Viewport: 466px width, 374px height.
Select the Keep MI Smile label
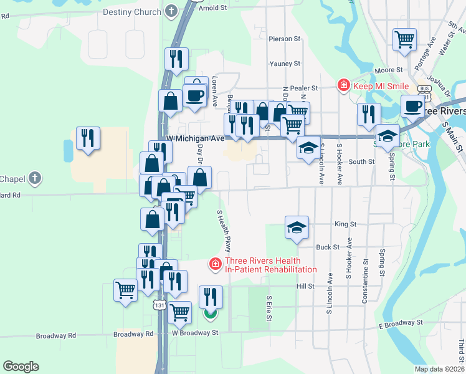point(381,86)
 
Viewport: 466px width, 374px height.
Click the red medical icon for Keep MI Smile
point(342,85)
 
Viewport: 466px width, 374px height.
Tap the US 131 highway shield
point(160,305)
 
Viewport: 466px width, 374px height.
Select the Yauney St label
point(285,64)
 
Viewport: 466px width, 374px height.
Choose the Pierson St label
point(285,39)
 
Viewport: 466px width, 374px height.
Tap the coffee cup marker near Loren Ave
point(194,96)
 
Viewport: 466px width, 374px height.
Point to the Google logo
point(21,366)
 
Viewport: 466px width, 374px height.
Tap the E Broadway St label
point(401,324)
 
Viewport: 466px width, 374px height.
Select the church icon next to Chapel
point(36,179)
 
